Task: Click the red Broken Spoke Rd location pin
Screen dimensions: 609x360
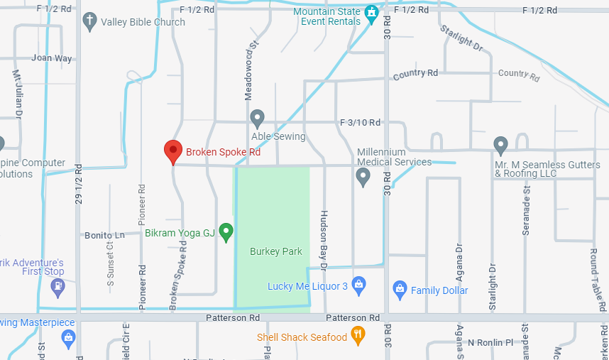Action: [172, 151]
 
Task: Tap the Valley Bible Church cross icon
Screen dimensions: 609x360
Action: [89, 21]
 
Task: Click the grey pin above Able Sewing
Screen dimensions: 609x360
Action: [258, 118]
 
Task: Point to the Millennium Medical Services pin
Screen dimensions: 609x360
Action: [363, 175]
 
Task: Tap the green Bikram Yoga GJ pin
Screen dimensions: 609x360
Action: [226, 231]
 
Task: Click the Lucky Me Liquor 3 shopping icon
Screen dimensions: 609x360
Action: [358, 285]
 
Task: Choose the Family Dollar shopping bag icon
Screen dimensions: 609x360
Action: [400, 290]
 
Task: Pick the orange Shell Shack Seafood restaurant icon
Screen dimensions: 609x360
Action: [358, 337]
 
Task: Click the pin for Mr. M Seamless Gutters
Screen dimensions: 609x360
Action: [500, 146]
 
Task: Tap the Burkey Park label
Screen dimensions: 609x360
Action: [276, 251]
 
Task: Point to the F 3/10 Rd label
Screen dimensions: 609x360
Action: [360, 122]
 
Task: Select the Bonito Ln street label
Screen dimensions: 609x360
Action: [104, 234]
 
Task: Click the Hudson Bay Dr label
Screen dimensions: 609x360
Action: [324, 240]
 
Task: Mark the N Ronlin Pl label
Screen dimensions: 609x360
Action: [490, 342]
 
